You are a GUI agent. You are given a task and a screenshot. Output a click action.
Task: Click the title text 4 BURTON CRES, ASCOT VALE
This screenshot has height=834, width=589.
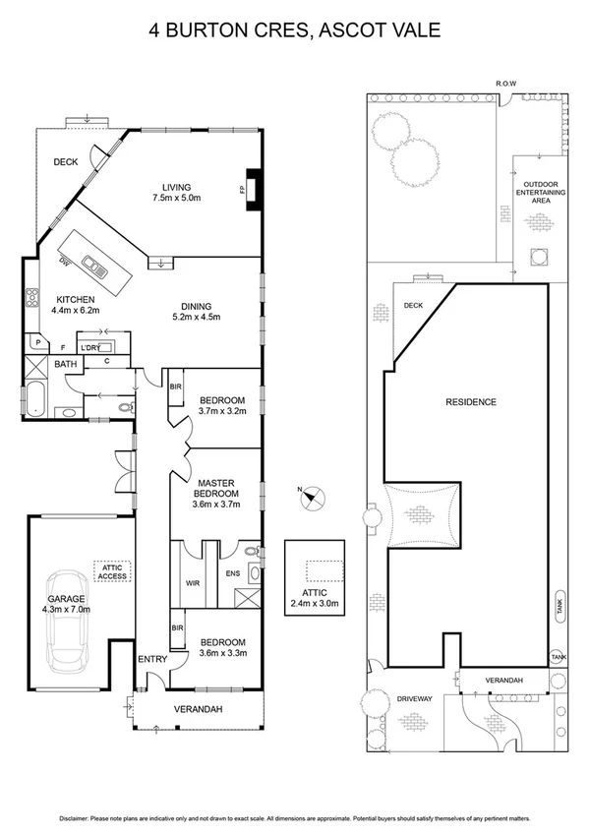[294, 30]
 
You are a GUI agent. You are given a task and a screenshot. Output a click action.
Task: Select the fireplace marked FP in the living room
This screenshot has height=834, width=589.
[253, 189]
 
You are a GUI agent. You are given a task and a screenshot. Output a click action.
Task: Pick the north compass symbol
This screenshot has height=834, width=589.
[310, 497]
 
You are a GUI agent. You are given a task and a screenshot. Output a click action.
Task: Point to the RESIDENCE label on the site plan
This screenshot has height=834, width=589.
[470, 402]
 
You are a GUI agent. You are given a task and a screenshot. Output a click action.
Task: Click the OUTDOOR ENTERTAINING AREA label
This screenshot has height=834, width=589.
[542, 192]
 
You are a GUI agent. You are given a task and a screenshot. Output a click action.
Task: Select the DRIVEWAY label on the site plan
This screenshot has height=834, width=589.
[415, 698]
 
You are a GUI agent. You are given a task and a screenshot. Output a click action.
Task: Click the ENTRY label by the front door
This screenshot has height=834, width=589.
[152, 659]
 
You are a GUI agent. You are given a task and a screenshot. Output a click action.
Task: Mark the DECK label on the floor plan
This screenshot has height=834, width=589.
[66, 162]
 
